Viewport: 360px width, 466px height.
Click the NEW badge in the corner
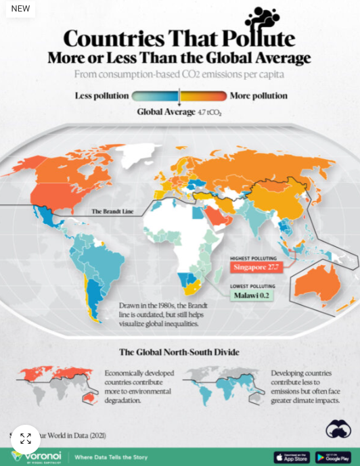click(21, 9)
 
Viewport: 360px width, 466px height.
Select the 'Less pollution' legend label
click(102, 96)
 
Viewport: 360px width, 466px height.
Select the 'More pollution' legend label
click(258, 96)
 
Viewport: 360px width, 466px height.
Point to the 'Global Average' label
click(166, 112)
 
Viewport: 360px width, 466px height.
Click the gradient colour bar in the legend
click(179, 96)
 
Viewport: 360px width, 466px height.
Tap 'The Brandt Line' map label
click(112, 212)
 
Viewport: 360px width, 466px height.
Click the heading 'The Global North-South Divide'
click(179, 352)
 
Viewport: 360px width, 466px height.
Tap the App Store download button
click(291, 457)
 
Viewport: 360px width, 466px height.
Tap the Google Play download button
click(333, 457)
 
